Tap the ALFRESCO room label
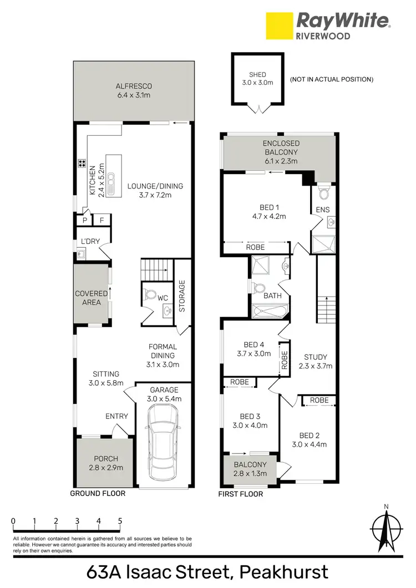[x=134, y=86]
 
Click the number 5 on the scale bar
[x=120, y=521]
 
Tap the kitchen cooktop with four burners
[x=82, y=163]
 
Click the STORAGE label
[x=182, y=296]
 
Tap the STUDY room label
[x=316, y=357]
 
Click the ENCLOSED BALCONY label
[x=280, y=147]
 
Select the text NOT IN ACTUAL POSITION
[x=331, y=80]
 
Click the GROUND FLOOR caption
[x=98, y=493]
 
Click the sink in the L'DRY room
[x=81, y=254]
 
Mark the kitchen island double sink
[x=111, y=182]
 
